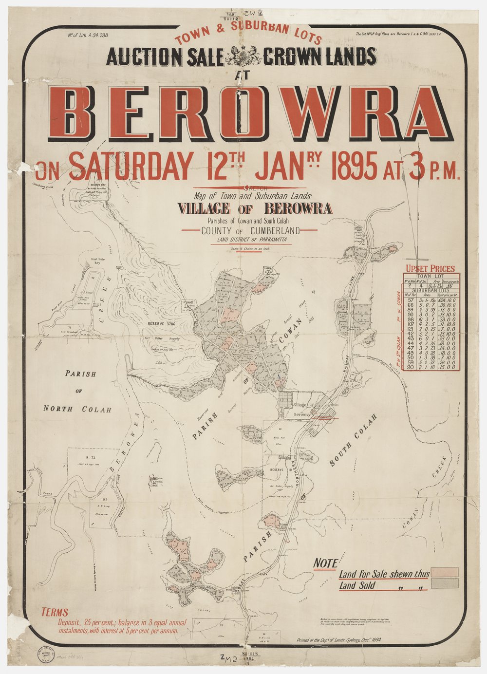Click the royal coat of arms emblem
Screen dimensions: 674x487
(x=244, y=56)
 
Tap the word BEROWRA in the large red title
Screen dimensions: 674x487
(x=251, y=113)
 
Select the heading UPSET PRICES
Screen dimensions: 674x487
(x=430, y=268)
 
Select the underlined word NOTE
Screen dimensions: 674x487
(x=325, y=563)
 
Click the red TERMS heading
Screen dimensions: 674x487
(x=55, y=613)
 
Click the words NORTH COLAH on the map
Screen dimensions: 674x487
(x=77, y=409)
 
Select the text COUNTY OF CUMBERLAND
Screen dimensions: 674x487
(x=251, y=231)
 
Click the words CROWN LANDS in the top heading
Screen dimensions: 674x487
(x=320, y=57)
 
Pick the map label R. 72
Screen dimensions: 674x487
(x=90, y=458)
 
